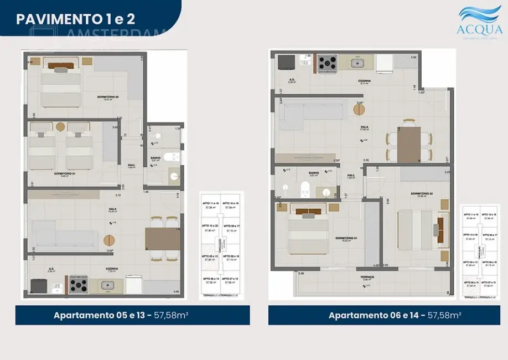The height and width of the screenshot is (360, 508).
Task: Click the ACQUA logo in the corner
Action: point(480,22)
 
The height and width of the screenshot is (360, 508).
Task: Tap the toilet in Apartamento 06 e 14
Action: point(304,189)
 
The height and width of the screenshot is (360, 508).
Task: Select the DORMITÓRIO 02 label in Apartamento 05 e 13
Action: point(108,97)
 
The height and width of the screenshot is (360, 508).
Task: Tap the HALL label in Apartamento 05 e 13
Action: point(131,164)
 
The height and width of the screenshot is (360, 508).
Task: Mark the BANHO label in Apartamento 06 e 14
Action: point(314,172)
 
